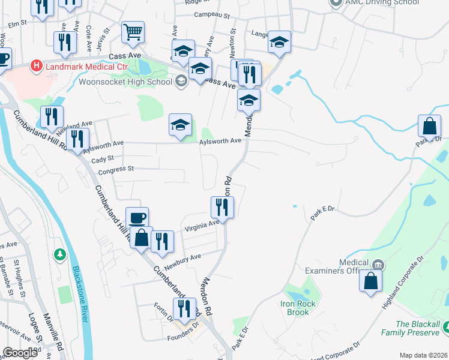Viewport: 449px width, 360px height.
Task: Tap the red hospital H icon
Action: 37,65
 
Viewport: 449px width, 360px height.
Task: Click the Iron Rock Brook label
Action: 298,308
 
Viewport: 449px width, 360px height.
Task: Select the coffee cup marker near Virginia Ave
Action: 137,218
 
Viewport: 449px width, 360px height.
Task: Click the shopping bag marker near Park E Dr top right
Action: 430,127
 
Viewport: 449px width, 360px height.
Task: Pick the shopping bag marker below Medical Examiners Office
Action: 371,280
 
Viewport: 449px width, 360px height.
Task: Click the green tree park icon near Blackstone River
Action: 59,255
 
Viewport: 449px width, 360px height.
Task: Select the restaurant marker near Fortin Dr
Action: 185,309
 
